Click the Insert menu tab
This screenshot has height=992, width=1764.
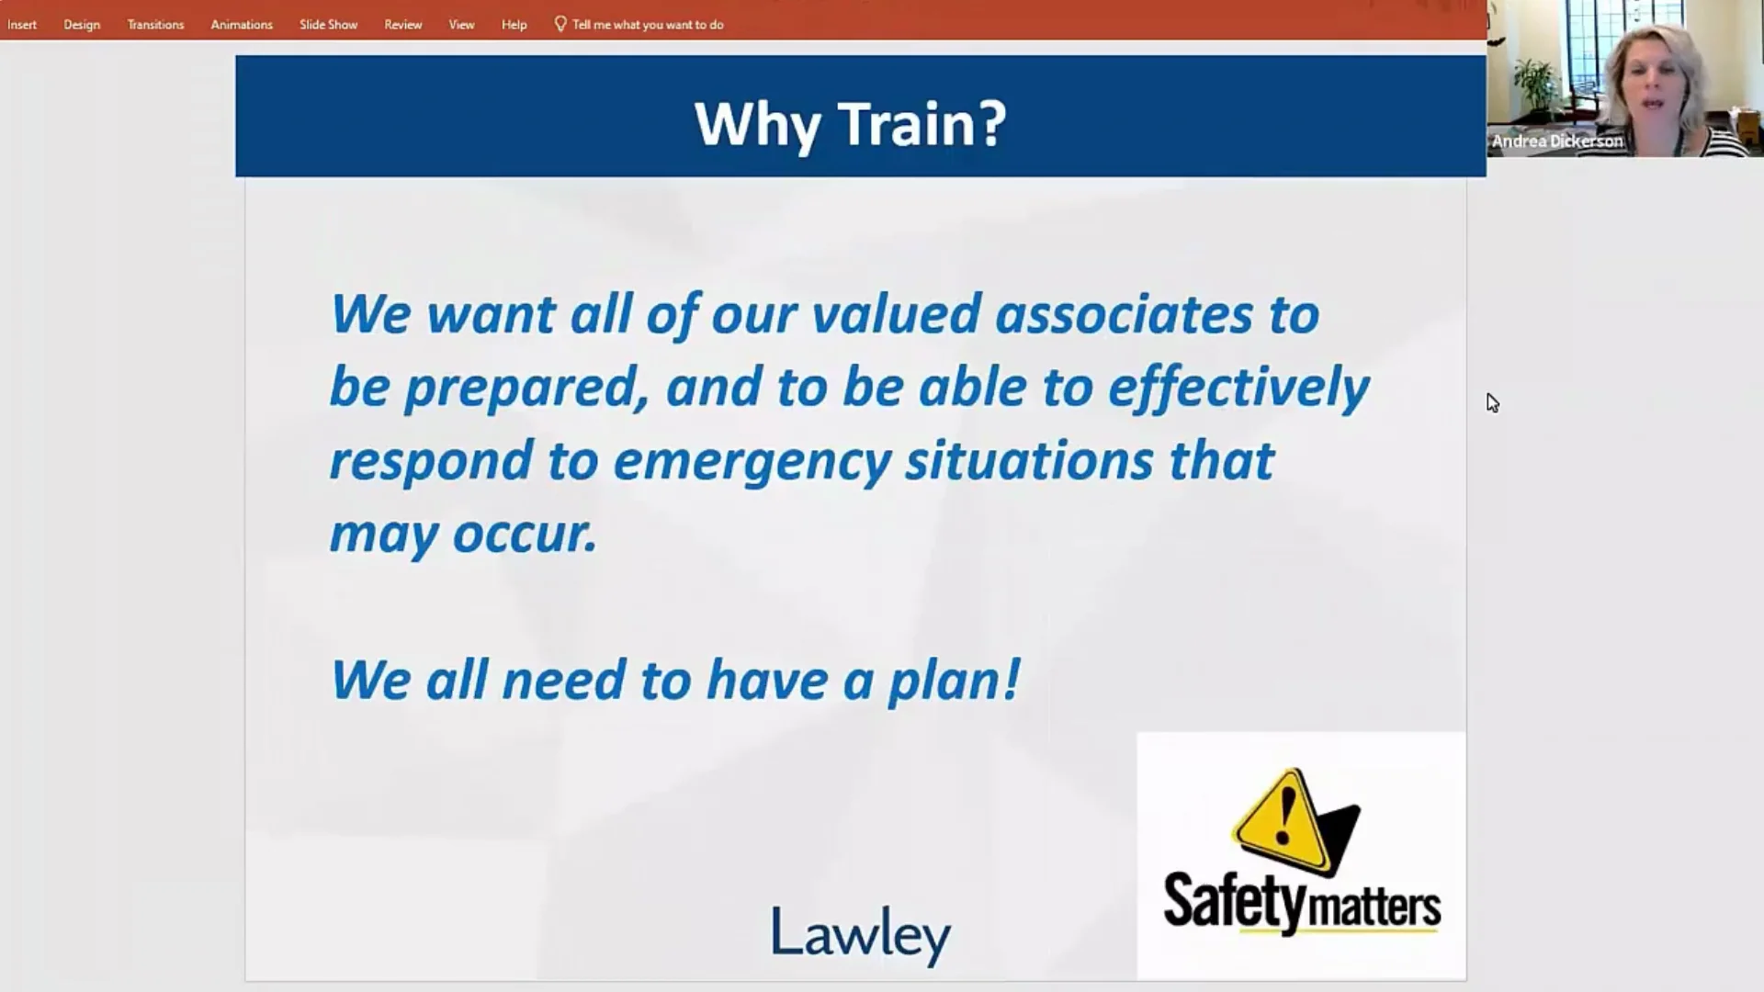[x=22, y=25]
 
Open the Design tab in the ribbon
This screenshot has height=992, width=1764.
[x=82, y=25]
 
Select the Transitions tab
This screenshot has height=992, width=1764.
[x=155, y=25]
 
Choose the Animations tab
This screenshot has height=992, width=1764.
[x=242, y=25]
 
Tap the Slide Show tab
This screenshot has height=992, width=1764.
[x=328, y=25]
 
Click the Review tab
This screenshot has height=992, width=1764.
[x=402, y=25]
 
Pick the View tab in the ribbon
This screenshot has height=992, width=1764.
[x=461, y=25]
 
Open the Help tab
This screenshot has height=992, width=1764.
[x=514, y=25]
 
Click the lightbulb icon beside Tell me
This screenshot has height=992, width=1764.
[x=560, y=24]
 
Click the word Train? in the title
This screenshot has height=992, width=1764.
[x=922, y=124]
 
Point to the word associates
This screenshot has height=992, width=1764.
[x=1124, y=314]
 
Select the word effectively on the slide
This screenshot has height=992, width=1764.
[x=1238, y=388]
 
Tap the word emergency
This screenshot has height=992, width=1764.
[x=752, y=461]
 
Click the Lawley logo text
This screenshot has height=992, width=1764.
[x=861, y=932]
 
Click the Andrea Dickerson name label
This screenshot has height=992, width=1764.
[x=1557, y=141]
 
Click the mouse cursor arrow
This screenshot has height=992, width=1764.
[x=1492, y=402]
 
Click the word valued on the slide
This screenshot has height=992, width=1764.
[x=897, y=314]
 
